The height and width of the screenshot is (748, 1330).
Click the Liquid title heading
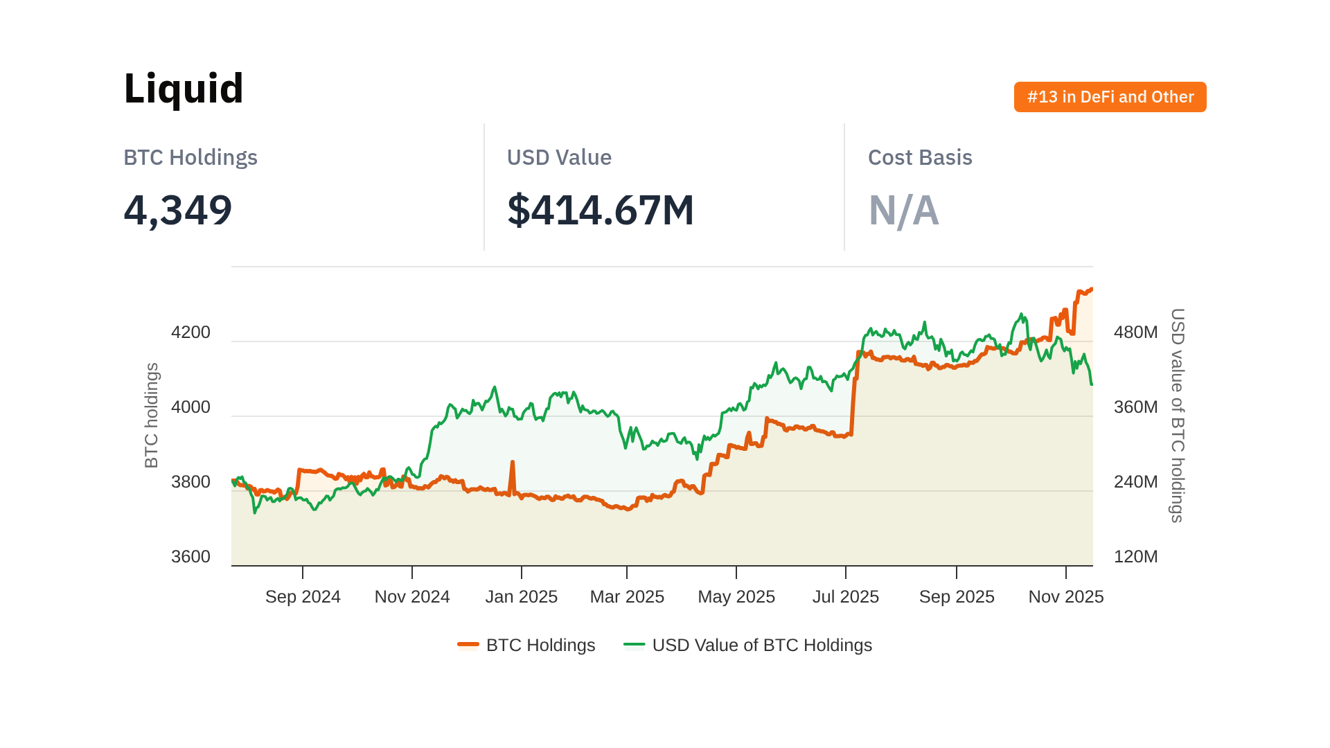click(184, 89)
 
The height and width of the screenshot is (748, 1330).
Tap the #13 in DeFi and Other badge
click(1110, 97)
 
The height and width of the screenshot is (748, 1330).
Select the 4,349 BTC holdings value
click(177, 211)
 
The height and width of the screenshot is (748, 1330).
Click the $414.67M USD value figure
click(600, 211)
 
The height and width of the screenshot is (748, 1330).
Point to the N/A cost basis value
click(903, 211)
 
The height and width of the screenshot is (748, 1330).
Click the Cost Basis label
click(920, 158)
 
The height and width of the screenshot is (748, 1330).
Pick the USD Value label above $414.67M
click(559, 158)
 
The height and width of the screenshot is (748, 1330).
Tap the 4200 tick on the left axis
click(190, 332)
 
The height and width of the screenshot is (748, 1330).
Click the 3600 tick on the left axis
click(190, 557)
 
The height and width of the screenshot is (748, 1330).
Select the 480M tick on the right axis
click(1135, 332)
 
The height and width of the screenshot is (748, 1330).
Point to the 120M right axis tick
click(1135, 557)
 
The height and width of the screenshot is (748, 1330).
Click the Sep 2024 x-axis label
click(303, 597)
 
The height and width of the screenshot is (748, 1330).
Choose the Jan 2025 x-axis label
click(521, 597)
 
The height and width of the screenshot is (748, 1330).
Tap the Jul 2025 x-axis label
click(845, 597)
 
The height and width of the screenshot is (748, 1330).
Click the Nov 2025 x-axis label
click(1065, 597)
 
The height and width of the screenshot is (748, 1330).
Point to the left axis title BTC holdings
click(152, 416)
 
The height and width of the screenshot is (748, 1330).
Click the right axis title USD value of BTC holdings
click(1177, 416)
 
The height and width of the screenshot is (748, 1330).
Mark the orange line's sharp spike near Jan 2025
click(513, 463)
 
